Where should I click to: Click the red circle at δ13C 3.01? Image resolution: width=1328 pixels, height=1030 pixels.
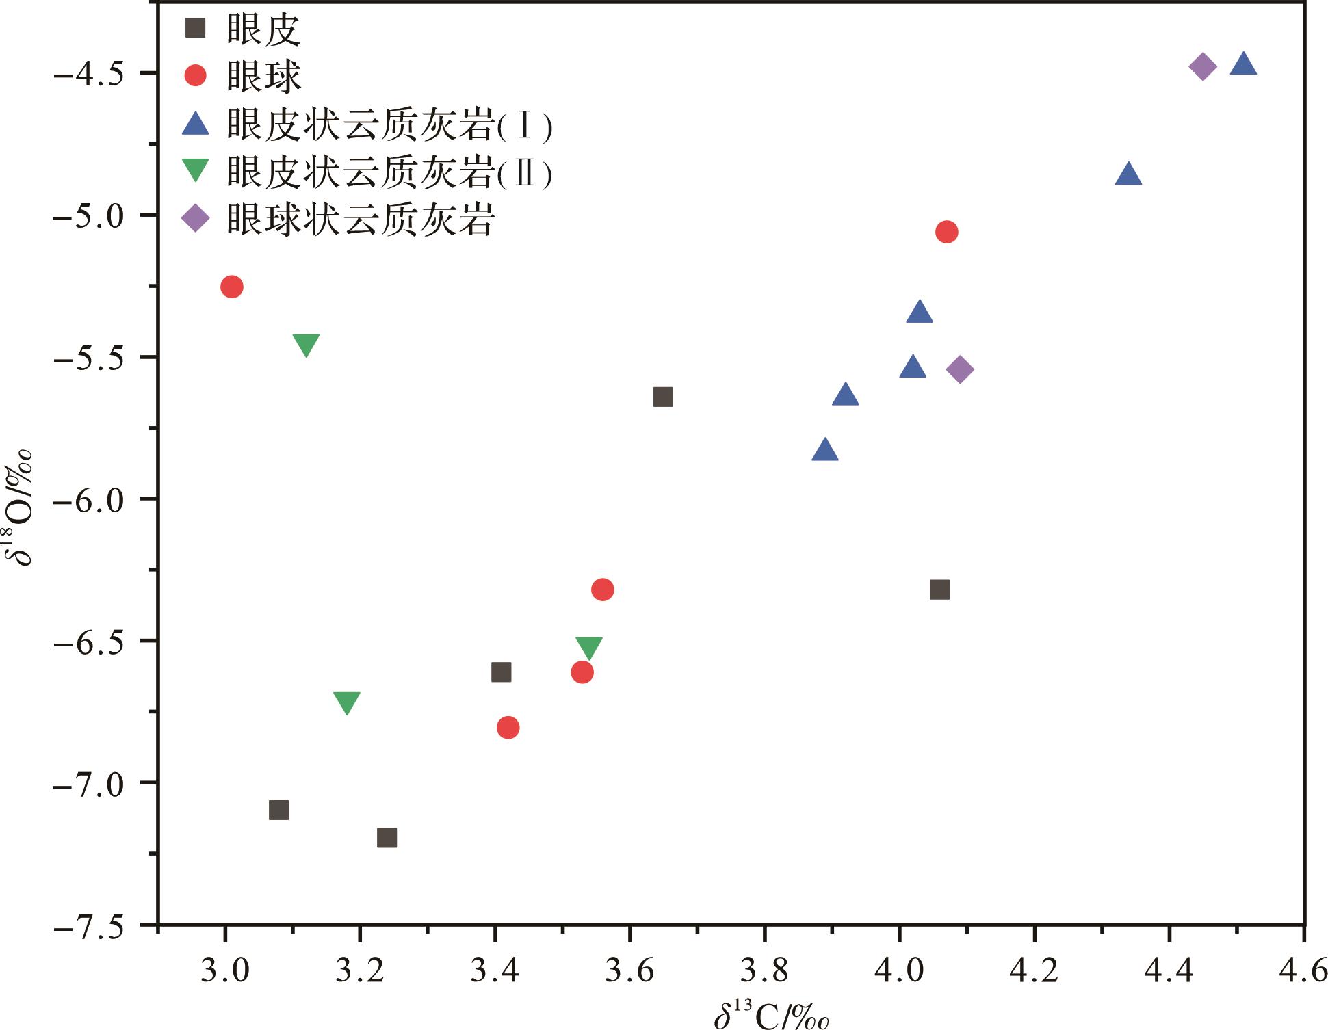click(x=232, y=287)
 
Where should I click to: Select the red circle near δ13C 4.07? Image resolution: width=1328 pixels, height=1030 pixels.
click(x=946, y=232)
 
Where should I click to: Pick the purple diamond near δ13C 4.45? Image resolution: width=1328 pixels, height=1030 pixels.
click(x=1203, y=66)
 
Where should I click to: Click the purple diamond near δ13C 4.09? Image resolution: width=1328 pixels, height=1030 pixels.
click(x=960, y=370)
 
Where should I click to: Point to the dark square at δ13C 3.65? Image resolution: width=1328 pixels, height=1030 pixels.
click(x=663, y=397)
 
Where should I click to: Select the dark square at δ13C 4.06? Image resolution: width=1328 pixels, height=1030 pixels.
click(x=940, y=590)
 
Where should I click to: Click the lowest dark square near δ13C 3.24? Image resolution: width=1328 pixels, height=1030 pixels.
click(x=387, y=838)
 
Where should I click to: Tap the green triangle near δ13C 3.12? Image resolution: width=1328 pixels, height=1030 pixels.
click(x=306, y=345)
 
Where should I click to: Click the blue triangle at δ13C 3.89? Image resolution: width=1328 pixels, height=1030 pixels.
click(x=825, y=451)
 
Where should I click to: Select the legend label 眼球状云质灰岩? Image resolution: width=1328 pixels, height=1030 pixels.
click(x=361, y=220)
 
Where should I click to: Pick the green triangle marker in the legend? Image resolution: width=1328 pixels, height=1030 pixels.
click(x=196, y=170)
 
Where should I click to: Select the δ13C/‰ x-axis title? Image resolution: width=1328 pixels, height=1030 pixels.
click(x=771, y=1013)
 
